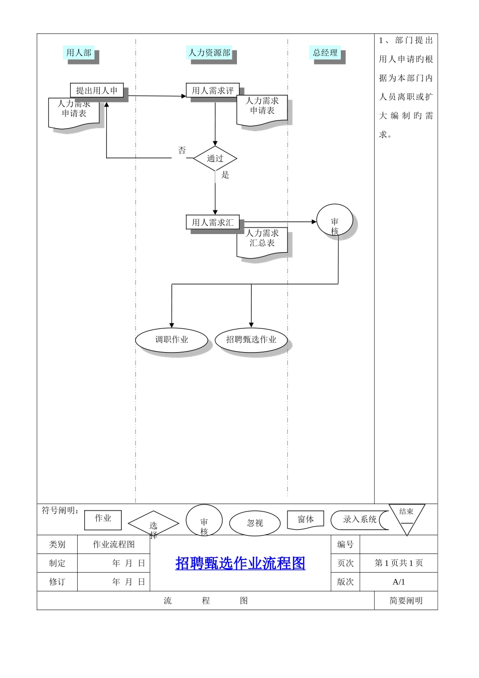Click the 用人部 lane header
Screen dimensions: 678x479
pos(79,53)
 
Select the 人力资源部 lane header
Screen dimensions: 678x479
pos(210,53)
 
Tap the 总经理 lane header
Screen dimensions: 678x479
pos(325,53)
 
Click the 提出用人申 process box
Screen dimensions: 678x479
pos(97,91)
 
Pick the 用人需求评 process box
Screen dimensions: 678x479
pos(213,91)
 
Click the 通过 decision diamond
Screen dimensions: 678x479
pos(215,158)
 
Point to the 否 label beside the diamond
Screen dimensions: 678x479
pos(182,150)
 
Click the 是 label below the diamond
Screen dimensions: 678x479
pos(225,175)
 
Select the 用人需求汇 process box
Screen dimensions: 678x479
pos(213,222)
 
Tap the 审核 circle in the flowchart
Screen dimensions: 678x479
pos(335,221)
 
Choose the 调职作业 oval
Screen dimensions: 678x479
pos(172,340)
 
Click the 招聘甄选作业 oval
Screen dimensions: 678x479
pos(251,340)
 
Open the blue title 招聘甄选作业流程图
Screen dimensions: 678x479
pos(241,563)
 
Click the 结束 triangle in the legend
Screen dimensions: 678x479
pos(406,517)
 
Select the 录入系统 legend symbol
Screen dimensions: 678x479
pos(360,520)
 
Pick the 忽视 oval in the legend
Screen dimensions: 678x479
pos(255,523)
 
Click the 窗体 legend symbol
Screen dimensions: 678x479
pos(306,520)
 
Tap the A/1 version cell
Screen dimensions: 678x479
pos(399,582)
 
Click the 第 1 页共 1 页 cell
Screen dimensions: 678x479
pos(399,563)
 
